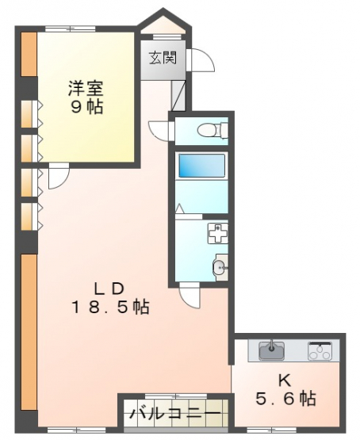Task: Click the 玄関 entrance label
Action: pyautogui.click(x=163, y=58)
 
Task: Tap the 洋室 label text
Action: pyautogui.click(x=86, y=89)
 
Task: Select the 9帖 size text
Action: pyautogui.click(x=86, y=107)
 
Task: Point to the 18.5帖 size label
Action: pyautogui.click(x=111, y=307)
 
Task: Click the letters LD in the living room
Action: pyautogui.click(x=109, y=289)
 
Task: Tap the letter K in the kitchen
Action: pyautogui.click(x=284, y=381)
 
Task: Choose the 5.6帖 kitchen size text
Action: pyautogui.click(x=285, y=399)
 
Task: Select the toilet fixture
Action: pyautogui.click(x=213, y=130)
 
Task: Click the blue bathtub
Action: pyautogui.click(x=201, y=165)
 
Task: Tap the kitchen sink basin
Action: pyautogui.click(x=272, y=350)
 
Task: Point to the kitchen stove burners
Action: pyautogui.click(x=320, y=350)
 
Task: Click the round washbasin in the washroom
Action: pyautogui.click(x=220, y=267)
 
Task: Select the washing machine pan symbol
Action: pyautogui.click(x=218, y=233)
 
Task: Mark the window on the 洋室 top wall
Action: pyautogui.click(x=70, y=29)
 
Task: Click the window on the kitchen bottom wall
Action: pyautogui.click(x=272, y=430)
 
